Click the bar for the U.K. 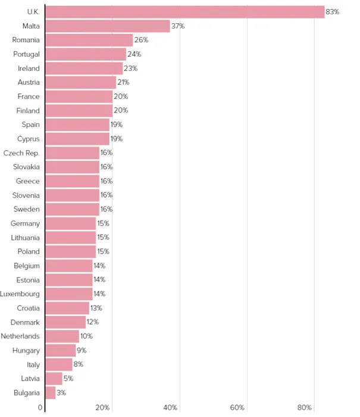(x=184, y=12)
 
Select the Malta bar (x=108, y=26)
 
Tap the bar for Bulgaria (x=51, y=393)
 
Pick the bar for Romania (x=89, y=40)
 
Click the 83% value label (x=332, y=12)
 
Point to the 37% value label (x=178, y=26)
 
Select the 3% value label (x=62, y=393)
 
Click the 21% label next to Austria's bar (x=123, y=82)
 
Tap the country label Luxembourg (x=20, y=294)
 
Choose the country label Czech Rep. (x=21, y=153)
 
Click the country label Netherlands (x=20, y=336)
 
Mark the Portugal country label (x=26, y=54)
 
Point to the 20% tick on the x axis (x=103, y=407)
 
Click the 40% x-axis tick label (x=170, y=407)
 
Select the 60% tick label (x=237, y=407)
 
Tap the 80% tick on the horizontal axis (x=305, y=407)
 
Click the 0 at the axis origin (x=40, y=407)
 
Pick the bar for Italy (x=59, y=365)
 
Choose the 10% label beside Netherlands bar (x=87, y=336)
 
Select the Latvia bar (x=54, y=378)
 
